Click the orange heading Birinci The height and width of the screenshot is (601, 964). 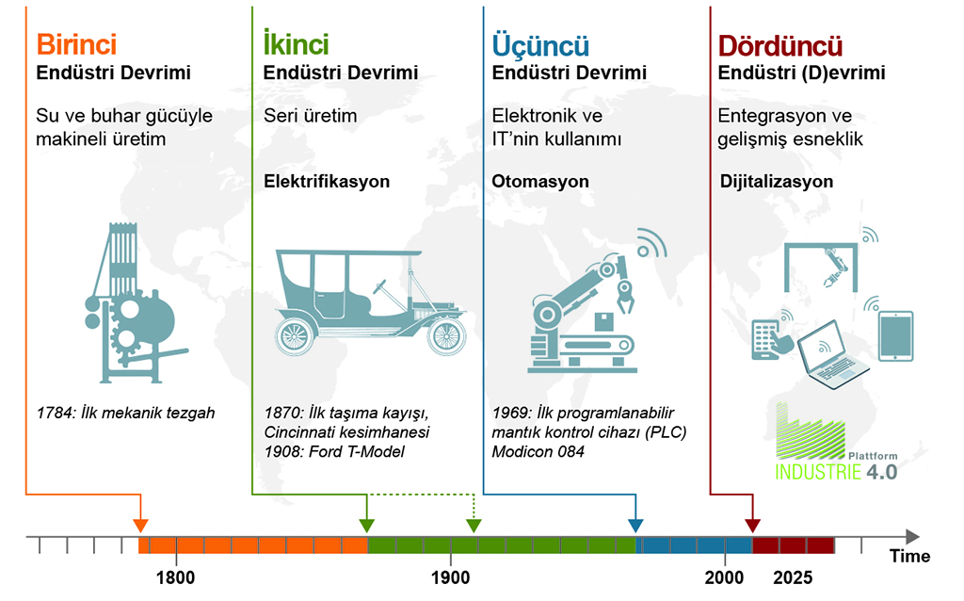(x=76, y=44)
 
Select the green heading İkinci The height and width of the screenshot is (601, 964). (x=296, y=43)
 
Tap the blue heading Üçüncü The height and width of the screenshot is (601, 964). (x=540, y=45)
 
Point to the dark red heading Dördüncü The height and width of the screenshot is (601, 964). (x=780, y=45)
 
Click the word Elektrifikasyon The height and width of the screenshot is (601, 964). (x=327, y=182)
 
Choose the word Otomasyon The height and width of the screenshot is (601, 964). (x=540, y=182)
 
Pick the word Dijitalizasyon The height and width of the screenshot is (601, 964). (x=777, y=182)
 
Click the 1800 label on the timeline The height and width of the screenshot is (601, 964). (x=176, y=577)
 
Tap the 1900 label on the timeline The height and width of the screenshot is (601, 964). (x=451, y=577)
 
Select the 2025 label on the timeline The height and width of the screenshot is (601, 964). (x=793, y=577)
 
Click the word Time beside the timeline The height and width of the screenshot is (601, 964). (x=910, y=556)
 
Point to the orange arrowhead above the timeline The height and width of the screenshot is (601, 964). (x=141, y=526)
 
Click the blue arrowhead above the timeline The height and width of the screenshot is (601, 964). (x=635, y=526)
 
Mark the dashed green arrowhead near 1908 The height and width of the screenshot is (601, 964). (x=474, y=526)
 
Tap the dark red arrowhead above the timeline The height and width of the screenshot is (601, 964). (x=752, y=526)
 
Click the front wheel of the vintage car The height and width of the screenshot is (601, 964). (x=446, y=336)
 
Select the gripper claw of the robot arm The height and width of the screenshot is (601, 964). (x=625, y=297)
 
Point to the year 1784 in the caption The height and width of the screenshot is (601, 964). (x=55, y=413)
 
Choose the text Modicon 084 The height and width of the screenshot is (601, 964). (x=538, y=451)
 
